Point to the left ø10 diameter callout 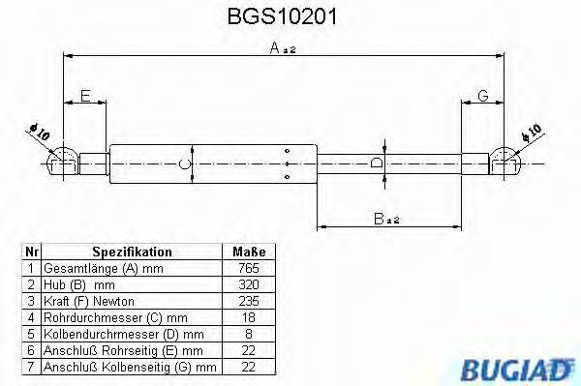pyautogui.click(x=40, y=133)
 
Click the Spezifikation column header pyautogui.click(x=131, y=249)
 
